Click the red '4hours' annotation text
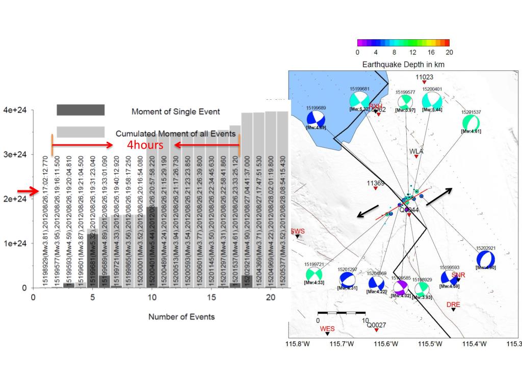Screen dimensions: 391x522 tap(145, 145)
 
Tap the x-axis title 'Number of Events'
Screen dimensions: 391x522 tap(181, 317)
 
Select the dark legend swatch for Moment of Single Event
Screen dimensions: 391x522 tap(81, 110)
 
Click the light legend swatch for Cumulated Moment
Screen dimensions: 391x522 tap(81, 132)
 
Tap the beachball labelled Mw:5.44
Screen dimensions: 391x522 tap(432, 99)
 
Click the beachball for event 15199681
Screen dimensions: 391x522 tap(359, 100)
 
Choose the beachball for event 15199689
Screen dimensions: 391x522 tap(316, 119)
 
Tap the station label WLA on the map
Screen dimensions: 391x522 tap(416, 151)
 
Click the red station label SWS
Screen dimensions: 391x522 tap(297, 231)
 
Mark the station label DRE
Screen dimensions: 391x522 tap(453, 304)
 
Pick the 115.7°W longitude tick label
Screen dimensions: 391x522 tap(341, 344)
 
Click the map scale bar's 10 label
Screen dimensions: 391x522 tap(364, 320)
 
